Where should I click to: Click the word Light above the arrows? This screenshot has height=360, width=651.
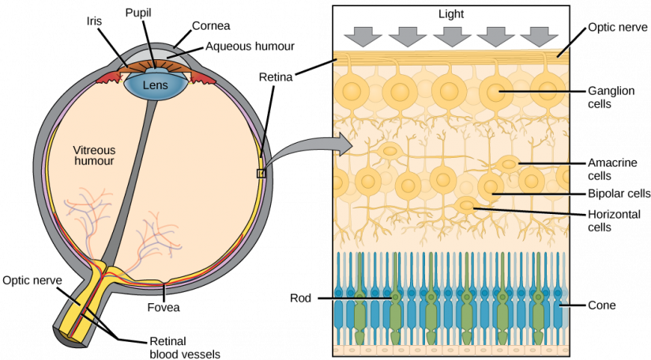click(x=451, y=14)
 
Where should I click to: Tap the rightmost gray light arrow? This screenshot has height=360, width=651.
click(x=540, y=36)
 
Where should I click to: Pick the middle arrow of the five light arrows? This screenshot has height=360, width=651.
click(x=452, y=36)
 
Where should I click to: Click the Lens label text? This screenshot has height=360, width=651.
click(x=156, y=84)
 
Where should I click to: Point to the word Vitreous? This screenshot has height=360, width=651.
click(x=94, y=150)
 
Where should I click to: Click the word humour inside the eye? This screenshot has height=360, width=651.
click(x=94, y=161)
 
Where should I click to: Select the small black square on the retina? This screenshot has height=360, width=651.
click(x=261, y=174)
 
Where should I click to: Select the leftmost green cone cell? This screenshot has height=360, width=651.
click(x=361, y=308)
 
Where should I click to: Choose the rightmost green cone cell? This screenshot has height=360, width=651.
click(x=539, y=308)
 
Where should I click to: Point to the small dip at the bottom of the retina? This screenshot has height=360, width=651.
click(x=164, y=283)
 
